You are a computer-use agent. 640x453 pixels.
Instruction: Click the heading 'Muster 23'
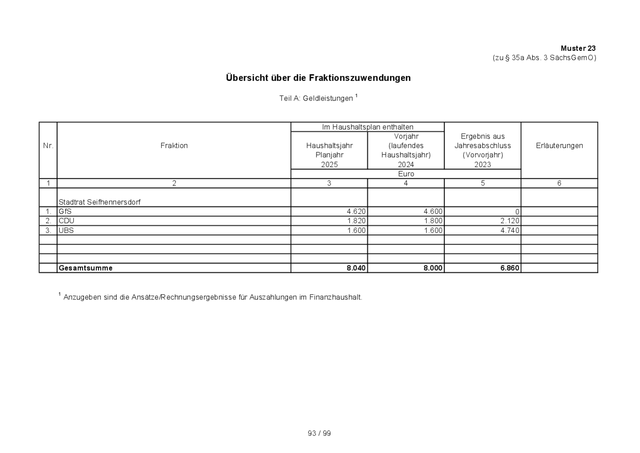(578, 48)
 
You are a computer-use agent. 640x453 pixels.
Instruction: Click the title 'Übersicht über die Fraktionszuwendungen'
(318, 78)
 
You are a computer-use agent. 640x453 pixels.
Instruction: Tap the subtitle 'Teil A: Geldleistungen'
(316, 98)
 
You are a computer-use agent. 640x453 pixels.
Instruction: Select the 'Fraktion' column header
(174, 146)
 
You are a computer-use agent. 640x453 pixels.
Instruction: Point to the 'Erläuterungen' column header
(559, 146)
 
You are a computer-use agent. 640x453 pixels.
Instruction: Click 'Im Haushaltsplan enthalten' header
(368, 127)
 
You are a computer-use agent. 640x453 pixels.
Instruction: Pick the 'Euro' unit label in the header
(406, 174)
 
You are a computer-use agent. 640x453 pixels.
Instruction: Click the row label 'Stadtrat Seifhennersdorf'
(99, 202)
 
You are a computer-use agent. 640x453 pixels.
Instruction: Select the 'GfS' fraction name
(65, 211)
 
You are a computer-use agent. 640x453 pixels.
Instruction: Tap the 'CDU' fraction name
(66, 221)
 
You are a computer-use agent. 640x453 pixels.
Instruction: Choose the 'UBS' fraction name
(66, 230)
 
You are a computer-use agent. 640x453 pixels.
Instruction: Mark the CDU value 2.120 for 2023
(510, 221)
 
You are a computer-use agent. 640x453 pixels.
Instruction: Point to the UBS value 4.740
(510, 230)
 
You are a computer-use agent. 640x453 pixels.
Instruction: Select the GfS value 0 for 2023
(517, 212)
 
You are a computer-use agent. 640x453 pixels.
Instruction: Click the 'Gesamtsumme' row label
(86, 268)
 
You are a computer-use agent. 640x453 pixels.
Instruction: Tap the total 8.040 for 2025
(356, 268)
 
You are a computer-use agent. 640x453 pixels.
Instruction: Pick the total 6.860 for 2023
(510, 268)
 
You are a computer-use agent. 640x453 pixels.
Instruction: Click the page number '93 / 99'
(319, 434)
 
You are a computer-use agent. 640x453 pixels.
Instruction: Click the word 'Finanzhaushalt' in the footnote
(339, 297)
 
